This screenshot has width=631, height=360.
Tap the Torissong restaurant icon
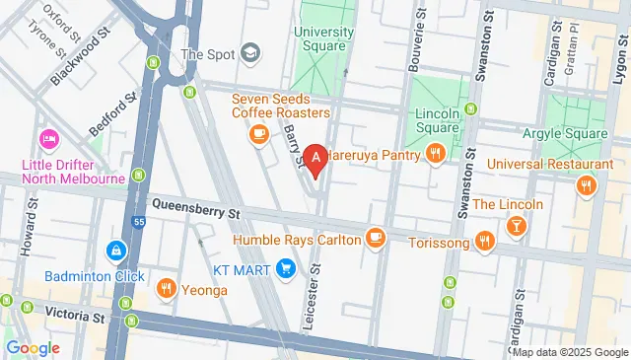(x=484, y=239)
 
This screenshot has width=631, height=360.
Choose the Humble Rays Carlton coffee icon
(x=375, y=237)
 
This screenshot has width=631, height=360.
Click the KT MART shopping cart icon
(x=286, y=266)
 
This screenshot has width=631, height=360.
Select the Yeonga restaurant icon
(x=167, y=288)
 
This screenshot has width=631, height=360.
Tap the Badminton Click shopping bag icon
(x=116, y=252)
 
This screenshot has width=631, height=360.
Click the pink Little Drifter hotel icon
(x=46, y=136)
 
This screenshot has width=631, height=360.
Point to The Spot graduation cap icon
(x=250, y=52)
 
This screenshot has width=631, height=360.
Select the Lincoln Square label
(x=437, y=120)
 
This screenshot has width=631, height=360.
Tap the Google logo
(x=33, y=347)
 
